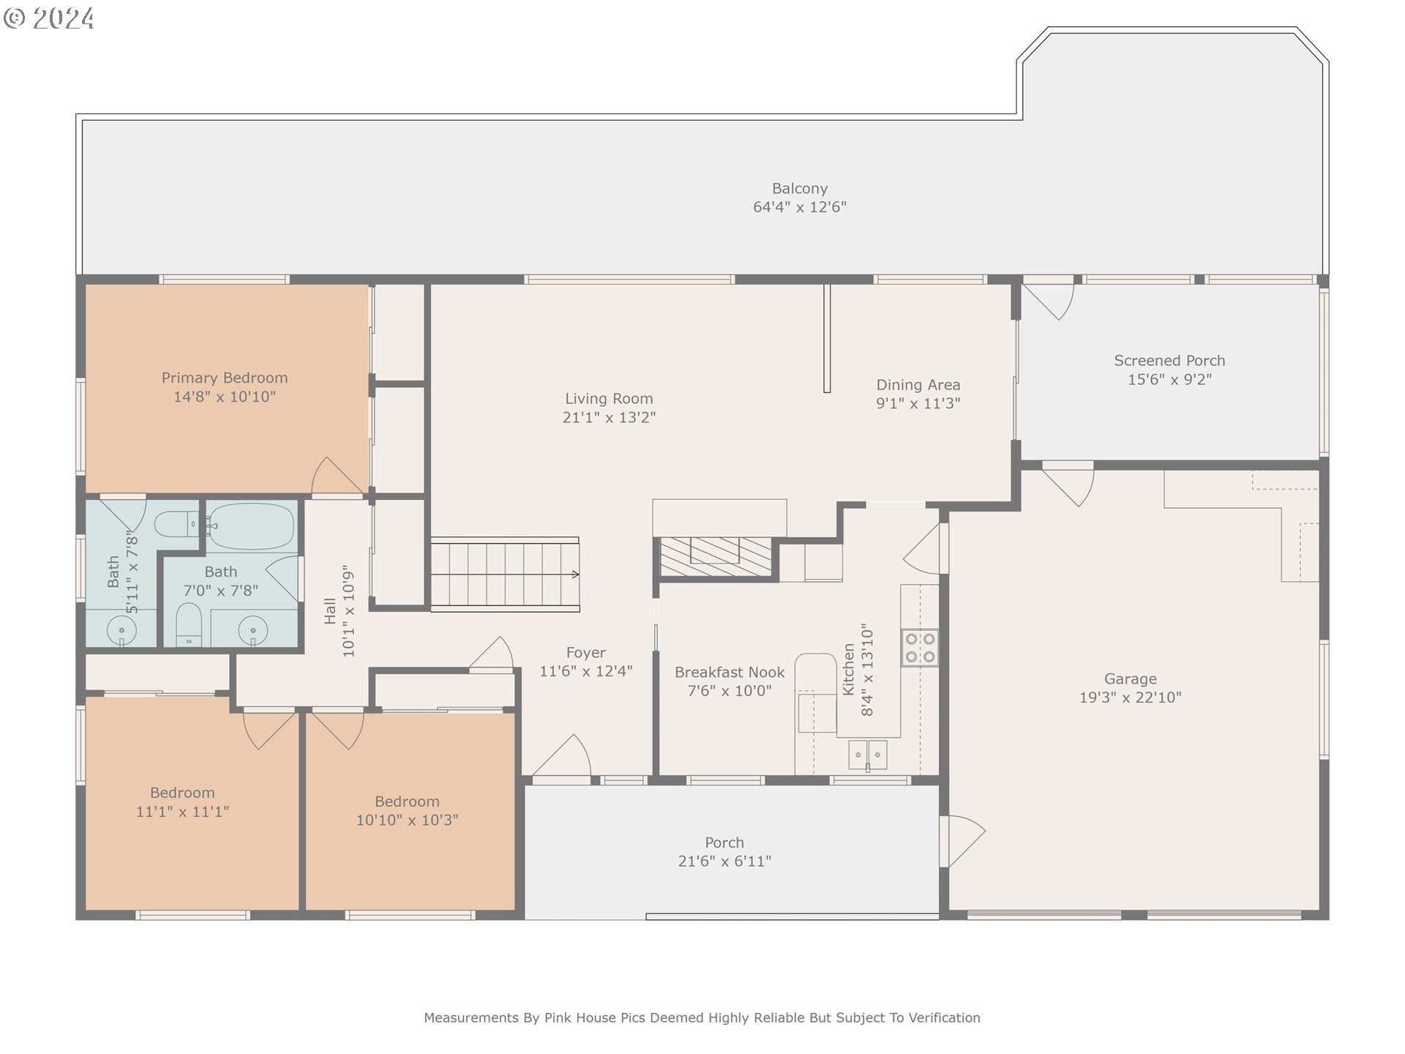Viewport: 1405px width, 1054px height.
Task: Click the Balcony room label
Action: click(800, 189)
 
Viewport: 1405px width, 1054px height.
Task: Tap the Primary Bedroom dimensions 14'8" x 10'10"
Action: click(225, 397)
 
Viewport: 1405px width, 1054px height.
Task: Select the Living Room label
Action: click(609, 399)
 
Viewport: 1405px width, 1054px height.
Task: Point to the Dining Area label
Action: click(918, 385)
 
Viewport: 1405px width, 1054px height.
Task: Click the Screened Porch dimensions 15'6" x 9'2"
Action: click(1169, 379)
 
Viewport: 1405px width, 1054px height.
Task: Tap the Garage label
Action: click(1131, 679)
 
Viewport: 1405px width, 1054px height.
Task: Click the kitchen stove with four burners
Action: click(920, 648)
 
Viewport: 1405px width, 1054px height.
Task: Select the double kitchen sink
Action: click(868, 755)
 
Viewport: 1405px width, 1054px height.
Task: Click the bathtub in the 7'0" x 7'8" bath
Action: click(251, 526)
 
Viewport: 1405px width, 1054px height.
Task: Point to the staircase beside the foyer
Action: click(505, 575)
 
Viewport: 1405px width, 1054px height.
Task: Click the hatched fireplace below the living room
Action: click(716, 557)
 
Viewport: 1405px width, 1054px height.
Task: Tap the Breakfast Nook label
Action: click(730, 673)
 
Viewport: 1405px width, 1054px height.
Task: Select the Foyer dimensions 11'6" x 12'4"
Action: click(586, 671)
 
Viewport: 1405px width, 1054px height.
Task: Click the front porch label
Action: click(724, 842)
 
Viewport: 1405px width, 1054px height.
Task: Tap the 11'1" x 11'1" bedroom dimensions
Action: click(182, 812)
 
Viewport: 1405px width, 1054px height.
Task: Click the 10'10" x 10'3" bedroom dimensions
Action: click(407, 821)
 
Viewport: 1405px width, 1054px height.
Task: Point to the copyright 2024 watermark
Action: click(49, 18)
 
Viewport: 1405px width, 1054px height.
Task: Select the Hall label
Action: click(330, 611)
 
